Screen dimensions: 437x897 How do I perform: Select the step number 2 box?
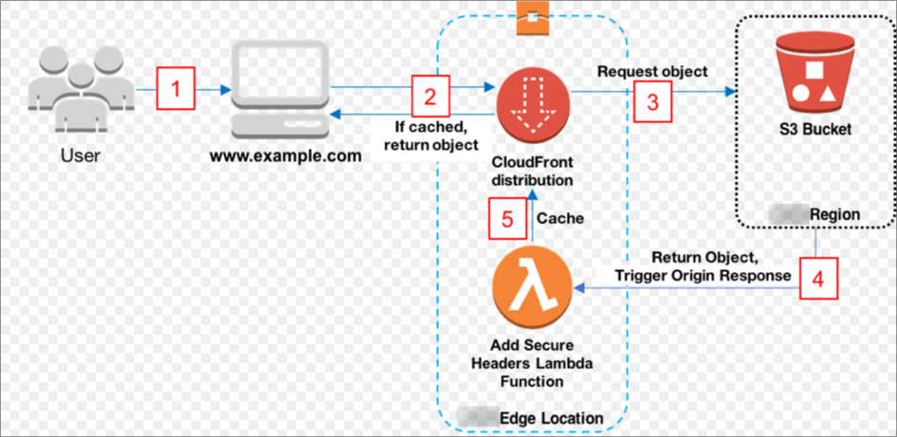[x=429, y=95]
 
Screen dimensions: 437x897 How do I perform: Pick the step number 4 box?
[x=816, y=280]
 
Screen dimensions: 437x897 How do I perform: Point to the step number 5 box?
[x=508, y=218]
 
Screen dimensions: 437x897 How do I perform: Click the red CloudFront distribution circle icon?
[x=531, y=100]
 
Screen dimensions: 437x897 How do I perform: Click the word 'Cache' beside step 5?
[x=560, y=218]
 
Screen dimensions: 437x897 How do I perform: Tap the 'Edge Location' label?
[x=557, y=418]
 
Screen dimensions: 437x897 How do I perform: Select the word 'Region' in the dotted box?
[x=834, y=215]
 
